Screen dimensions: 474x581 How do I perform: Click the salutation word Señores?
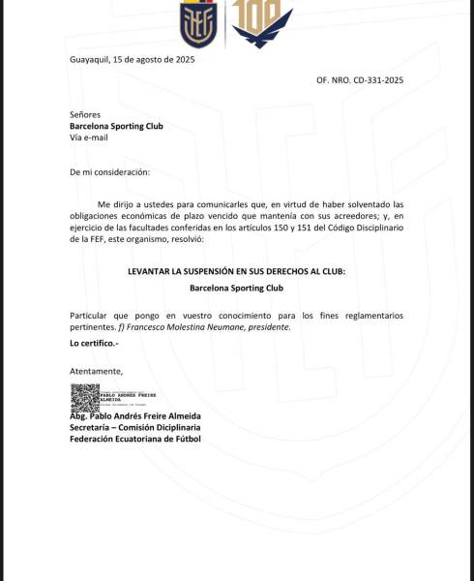coord(85,114)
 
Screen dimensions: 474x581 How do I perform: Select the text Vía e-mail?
coord(89,138)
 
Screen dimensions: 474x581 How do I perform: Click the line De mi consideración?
coord(110,171)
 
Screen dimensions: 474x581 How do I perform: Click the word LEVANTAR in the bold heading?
coord(157,272)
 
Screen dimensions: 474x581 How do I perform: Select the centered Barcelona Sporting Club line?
coord(236,288)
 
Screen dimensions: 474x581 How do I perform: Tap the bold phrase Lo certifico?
coord(93,344)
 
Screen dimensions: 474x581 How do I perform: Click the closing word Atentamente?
coord(97,371)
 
